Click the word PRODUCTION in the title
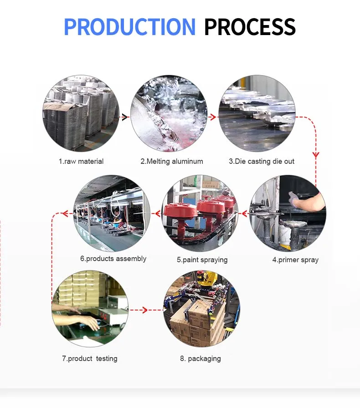pyautogui.click(x=129, y=27)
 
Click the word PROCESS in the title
pyautogui.click(x=250, y=27)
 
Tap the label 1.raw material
pyautogui.click(x=81, y=161)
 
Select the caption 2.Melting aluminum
pyautogui.click(x=172, y=161)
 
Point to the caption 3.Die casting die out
pyautogui.click(x=262, y=161)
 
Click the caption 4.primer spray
pyautogui.click(x=295, y=260)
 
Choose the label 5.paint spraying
pyautogui.click(x=202, y=260)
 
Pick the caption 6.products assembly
pyautogui.click(x=113, y=259)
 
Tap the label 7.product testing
pyautogui.click(x=90, y=358)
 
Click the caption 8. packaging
pyautogui.click(x=200, y=358)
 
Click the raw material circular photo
pyautogui.click(x=81, y=113)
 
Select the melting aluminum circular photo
pyautogui.click(x=169, y=113)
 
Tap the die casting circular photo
pyautogui.click(x=257, y=113)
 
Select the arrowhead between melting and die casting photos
pyautogui.click(x=212, y=117)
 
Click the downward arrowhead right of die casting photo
pyautogui.click(x=315, y=155)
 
